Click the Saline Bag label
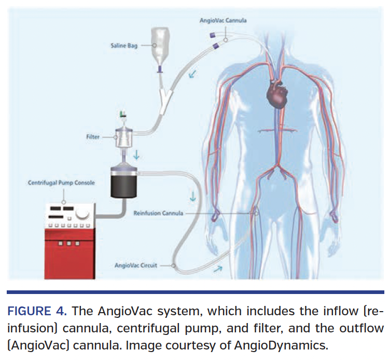(124, 46)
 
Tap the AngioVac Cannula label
(223, 20)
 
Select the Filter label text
(93, 137)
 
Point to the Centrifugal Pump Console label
(61, 183)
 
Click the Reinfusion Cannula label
(158, 213)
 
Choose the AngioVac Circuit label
(136, 265)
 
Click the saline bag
(160, 48)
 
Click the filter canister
(123, 137)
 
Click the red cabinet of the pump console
(70, 254)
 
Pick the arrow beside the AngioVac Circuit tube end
(217, 269)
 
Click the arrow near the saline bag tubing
(192, 74)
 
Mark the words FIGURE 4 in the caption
(37, 311)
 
